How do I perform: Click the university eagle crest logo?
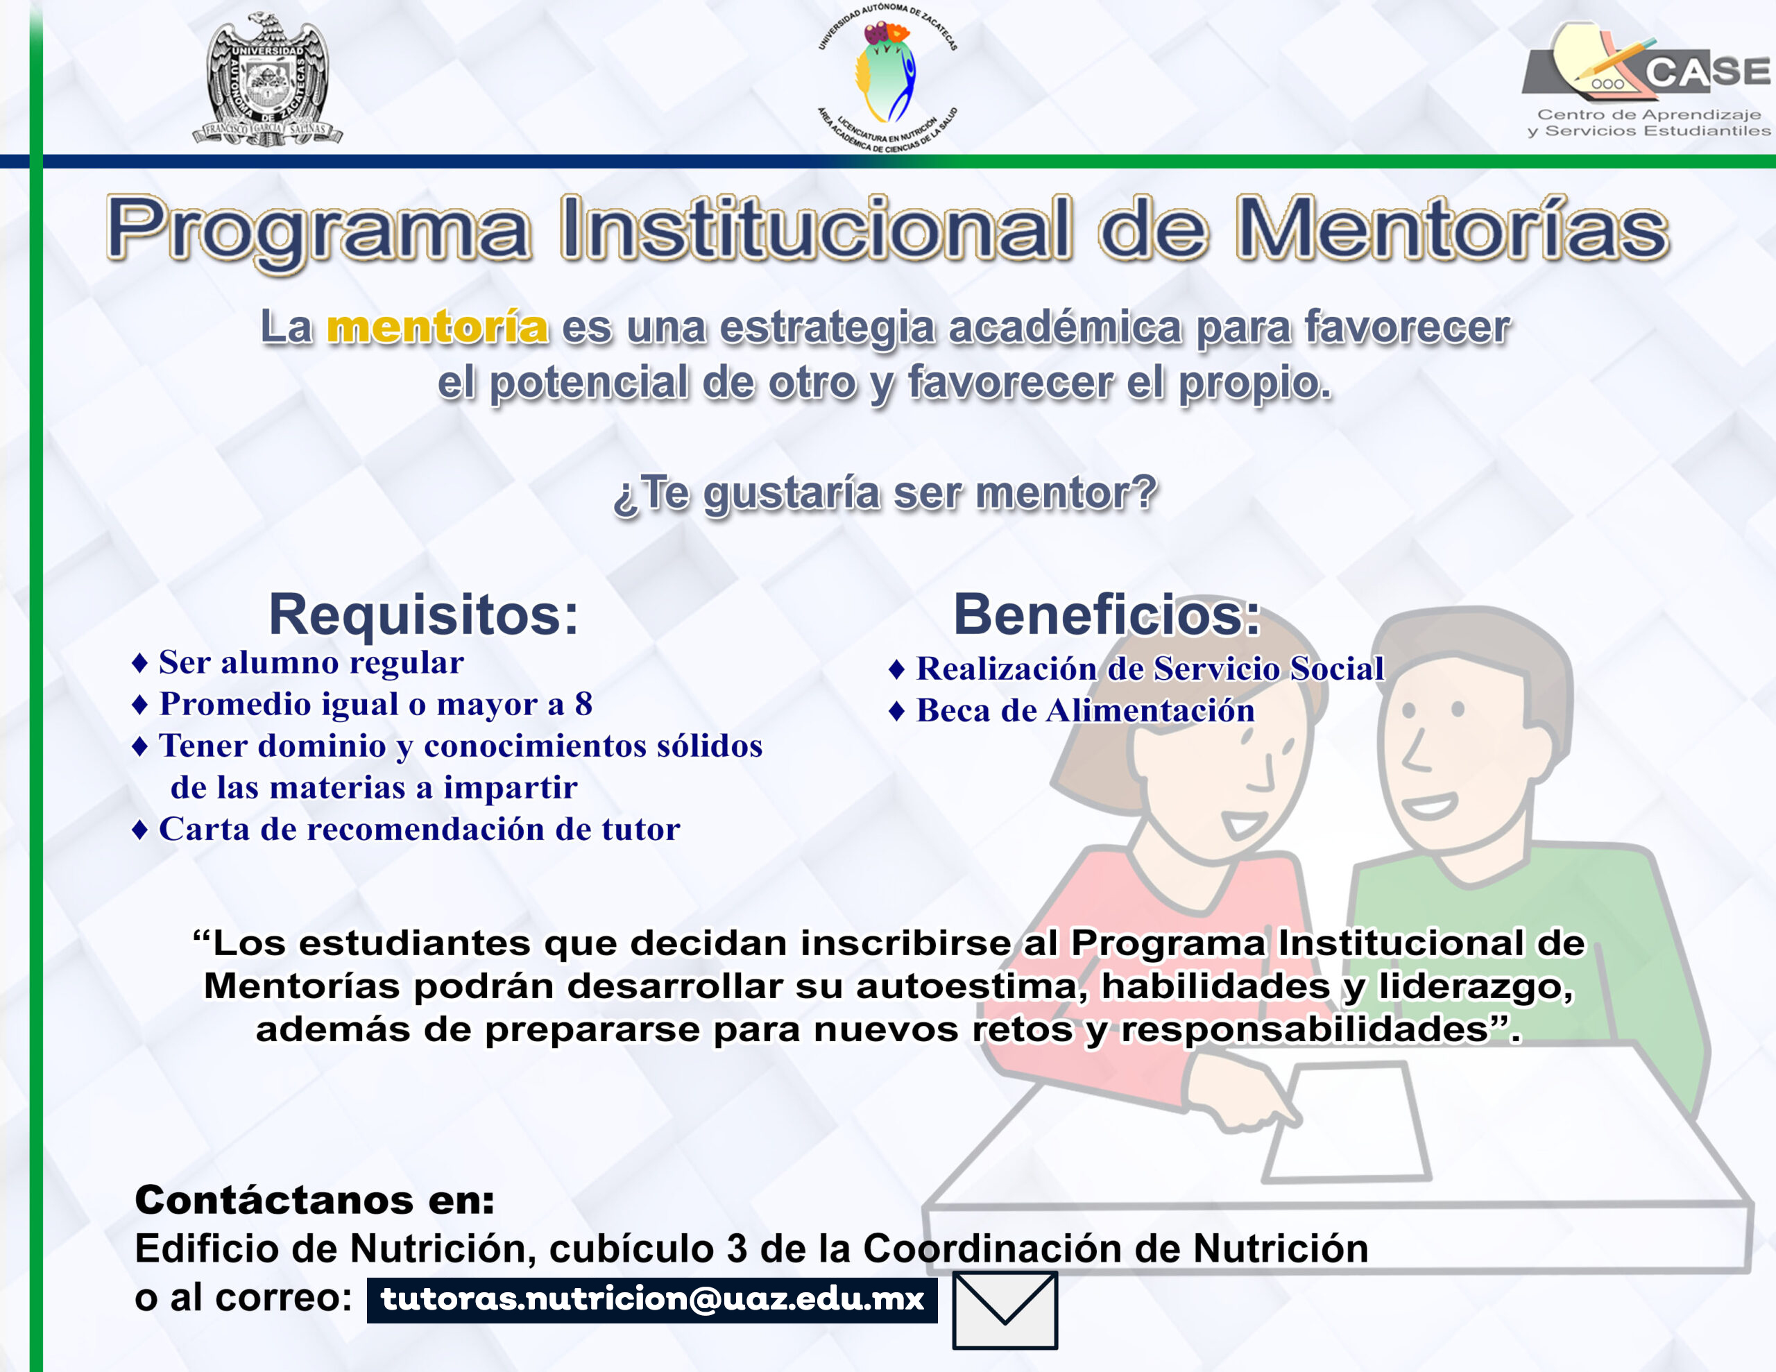[x=268, y=80]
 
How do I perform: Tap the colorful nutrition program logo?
[x=887, y=78]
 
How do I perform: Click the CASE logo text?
[x=1708, y=71]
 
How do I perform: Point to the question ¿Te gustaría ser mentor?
[x=885, y=494]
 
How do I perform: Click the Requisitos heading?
[x=423, y=614]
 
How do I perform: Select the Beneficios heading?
[x=1107, y=614]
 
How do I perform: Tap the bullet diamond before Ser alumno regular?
[x=140, y=663]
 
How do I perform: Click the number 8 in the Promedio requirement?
[x=583, y=704]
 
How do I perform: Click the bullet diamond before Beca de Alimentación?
[x=897, y=712]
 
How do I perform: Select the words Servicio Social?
[x=1269, y=669]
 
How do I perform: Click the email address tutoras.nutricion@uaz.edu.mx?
[x=652, y=1298]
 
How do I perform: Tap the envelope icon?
[x=1005, y=1310]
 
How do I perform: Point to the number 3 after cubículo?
[x=737, y=1249]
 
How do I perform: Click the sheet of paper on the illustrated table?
[x=1346, y=1122]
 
